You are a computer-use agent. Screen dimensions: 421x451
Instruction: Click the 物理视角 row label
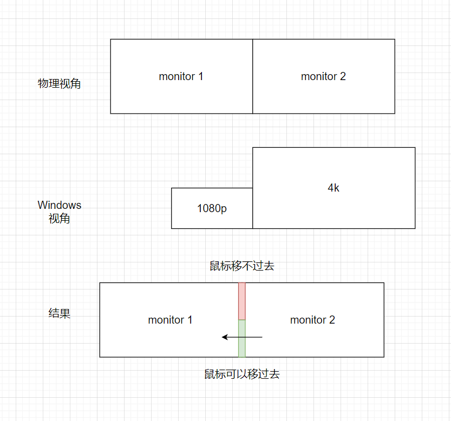point(59,84)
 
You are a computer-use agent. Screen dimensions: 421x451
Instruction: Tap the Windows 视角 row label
point(59,212)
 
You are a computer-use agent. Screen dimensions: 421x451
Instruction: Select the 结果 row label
point(59,313)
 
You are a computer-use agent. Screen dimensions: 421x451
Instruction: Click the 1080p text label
point(212,208)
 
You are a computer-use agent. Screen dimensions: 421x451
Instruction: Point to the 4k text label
point(334,188)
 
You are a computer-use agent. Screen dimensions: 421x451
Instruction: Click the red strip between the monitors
point(242,301)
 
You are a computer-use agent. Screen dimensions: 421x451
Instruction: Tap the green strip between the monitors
point(242,338)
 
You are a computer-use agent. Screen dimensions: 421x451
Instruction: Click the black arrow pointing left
point(242,337)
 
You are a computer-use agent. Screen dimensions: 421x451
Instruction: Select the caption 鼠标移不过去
point(242,266)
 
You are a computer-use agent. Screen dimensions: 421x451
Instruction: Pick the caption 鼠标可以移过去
point(242,374)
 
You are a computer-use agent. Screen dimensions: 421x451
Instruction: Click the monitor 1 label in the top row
point(181,76)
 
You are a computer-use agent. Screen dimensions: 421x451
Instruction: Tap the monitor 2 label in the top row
point(323,76)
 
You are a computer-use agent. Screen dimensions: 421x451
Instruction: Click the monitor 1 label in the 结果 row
point(170,320)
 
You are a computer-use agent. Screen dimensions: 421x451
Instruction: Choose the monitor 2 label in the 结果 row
point(312,320)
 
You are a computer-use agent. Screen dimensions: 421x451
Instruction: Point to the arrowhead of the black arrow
point(225,337)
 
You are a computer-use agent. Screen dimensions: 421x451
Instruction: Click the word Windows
point(59,205)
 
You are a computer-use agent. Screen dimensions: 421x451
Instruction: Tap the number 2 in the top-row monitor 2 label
point(343,76)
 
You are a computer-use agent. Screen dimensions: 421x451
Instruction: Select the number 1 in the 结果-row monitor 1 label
point(189,320)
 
